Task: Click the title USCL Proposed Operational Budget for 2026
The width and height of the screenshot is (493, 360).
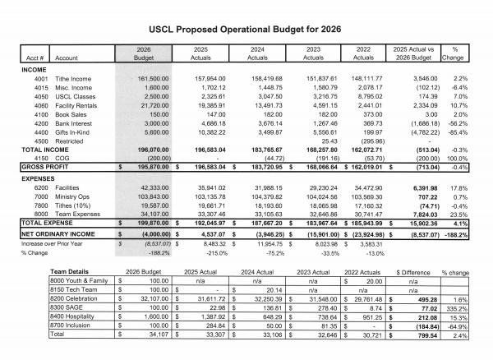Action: pyautogui.click(x=246, y=28)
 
